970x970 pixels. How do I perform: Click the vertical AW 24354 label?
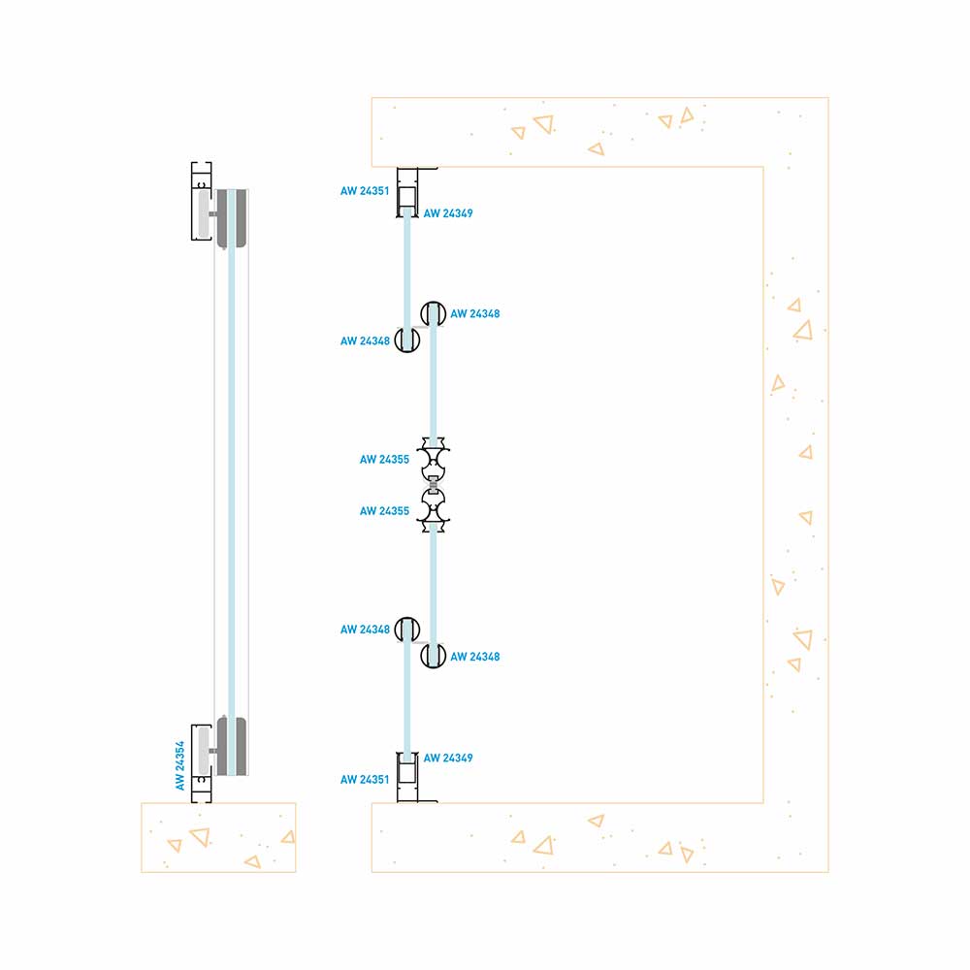point(180,766)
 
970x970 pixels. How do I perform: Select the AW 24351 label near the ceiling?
point(365,191)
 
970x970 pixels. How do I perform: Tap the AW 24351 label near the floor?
point(365,780)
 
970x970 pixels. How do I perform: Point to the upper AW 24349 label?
point(448,213)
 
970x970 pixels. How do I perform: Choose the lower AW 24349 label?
point(448,758)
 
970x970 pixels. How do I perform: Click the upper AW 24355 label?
point(384,460)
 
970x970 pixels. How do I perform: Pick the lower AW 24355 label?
point(384,511)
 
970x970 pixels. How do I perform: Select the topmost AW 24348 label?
point(475,314)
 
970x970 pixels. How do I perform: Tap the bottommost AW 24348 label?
point(475,657)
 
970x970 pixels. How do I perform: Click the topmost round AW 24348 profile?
point(434,314)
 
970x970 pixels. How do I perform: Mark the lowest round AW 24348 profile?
point(433,656)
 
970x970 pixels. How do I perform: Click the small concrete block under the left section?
point(218,837)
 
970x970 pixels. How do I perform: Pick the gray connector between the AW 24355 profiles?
point(434,485)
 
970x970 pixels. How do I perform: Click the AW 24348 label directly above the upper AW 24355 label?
point(365,341)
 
